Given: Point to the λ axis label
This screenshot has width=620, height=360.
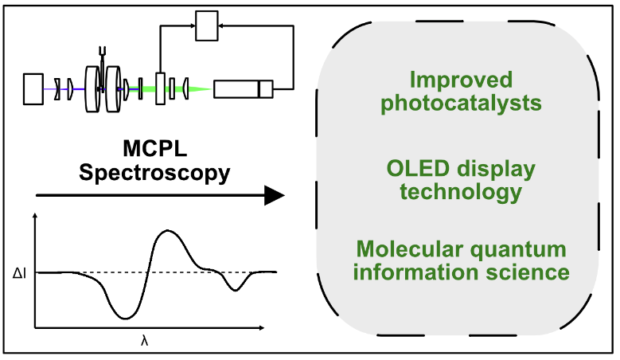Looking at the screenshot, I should coord(144,340).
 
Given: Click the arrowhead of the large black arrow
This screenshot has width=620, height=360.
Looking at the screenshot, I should coord(274,194).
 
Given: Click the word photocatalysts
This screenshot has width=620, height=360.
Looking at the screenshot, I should coord(461,103).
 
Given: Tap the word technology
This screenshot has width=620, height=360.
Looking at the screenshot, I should coord(461,192).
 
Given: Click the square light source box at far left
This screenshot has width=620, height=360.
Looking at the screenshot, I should coord(34,88).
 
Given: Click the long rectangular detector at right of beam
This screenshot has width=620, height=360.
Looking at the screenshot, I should coord(242,88).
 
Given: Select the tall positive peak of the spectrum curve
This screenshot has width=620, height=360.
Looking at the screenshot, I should coord(166,231).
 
